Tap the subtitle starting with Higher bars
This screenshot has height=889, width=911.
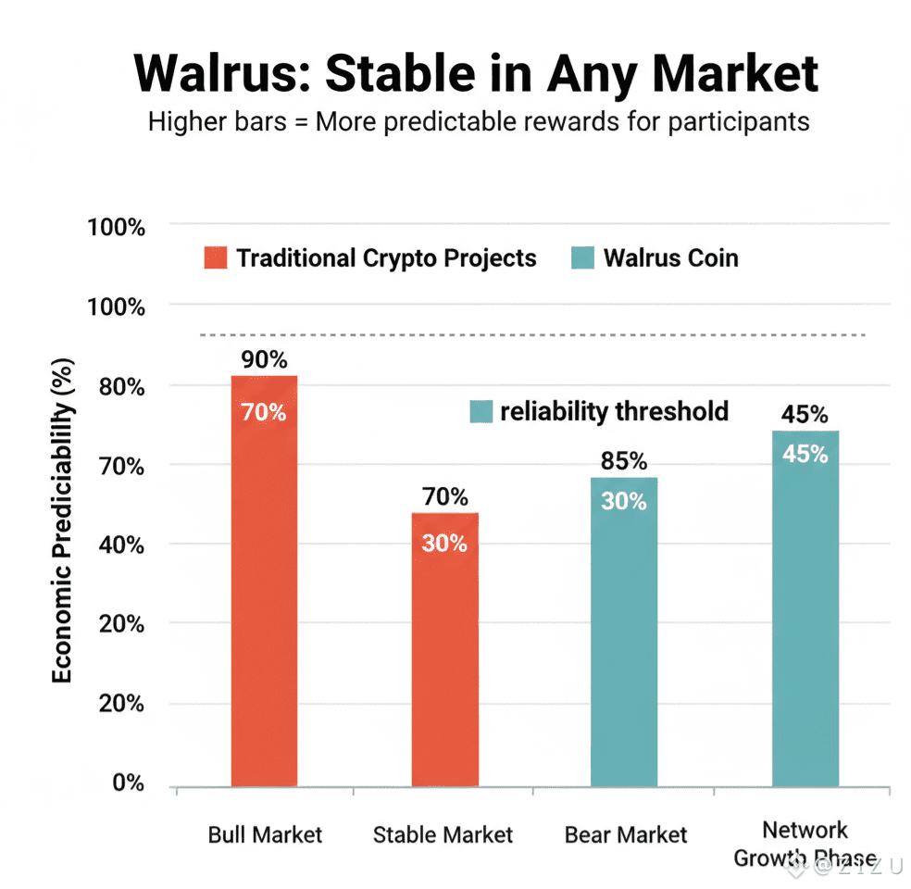(x=479, y=121)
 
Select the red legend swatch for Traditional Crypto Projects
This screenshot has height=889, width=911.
(x=216, y=258)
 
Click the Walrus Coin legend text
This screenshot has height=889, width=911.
(x=670, y=258)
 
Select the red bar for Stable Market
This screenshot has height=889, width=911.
(x=444, y=648)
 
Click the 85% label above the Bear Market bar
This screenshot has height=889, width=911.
(x=623, y=461)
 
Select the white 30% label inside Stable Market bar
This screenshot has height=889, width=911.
(x=444, y=544)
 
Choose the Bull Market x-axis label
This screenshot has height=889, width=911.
(x=265, y=834)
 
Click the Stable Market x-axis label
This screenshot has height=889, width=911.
(x=443, y=834)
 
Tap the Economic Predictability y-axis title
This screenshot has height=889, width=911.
(x=62, y=519)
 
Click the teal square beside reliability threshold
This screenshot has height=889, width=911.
(x=481, y=412)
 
